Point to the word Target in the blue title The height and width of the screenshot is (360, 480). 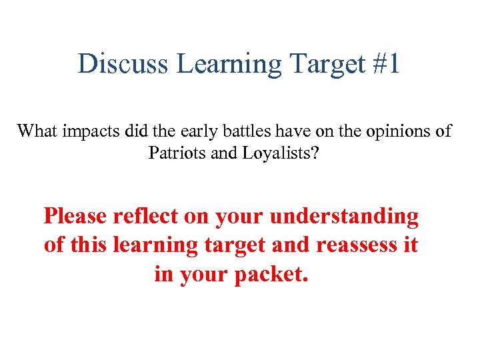coord(321,64)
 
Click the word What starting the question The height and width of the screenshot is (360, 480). coord(37,131)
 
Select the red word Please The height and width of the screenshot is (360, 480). coord(75,216)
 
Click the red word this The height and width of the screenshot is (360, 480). coord(88,245)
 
